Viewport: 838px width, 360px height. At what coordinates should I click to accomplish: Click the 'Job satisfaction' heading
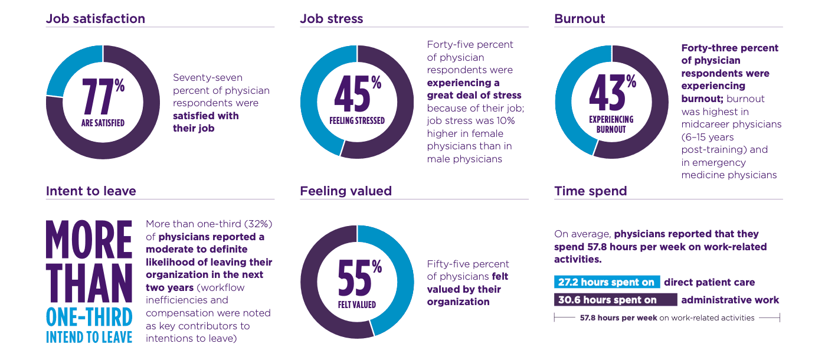[x=95, y=18]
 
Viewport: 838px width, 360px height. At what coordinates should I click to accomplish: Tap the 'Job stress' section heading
[x=331, y=18]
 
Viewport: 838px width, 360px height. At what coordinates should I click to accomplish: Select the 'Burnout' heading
[x=580, y=18]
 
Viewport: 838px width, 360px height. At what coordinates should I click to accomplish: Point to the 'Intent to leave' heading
[x=91, y=191]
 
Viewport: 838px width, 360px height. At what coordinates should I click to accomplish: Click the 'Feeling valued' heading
[x=345, y=191]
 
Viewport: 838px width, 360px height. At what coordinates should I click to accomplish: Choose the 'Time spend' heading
[x=590, y=191]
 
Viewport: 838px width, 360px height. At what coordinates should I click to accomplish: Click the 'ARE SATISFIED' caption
[x=103, y=123]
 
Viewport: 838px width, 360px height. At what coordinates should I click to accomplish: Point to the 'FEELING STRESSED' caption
[x=356, y=120]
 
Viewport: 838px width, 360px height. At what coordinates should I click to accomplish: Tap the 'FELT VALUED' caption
[x=356, y=305]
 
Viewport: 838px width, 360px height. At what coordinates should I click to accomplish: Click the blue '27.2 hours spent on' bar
[x=607, y=282]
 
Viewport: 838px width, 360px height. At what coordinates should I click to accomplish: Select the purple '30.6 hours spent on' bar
[x=615, y=300]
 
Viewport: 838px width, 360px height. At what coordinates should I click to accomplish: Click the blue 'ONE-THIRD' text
[x=89, y=318]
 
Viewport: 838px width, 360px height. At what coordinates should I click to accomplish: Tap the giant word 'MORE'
[x=89, y=240]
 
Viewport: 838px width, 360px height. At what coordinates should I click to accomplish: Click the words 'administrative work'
[x=729, y=300]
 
